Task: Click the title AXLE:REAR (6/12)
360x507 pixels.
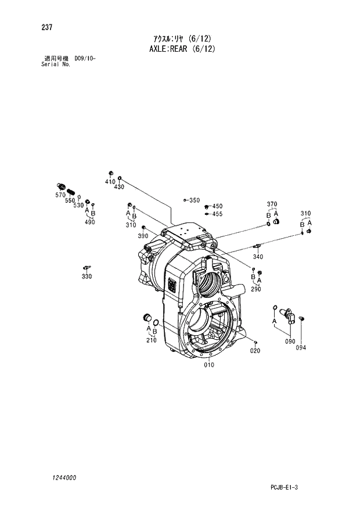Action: pos(182,49)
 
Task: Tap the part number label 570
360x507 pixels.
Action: pos(60,195)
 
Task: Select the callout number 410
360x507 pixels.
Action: pos(110,182)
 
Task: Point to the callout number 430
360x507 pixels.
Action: pos(119,186)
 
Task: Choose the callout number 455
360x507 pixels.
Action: pos(217,214)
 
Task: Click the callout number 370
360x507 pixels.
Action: pos(272,204)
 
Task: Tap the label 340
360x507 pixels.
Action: pos(258,257)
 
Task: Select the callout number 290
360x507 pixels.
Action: pos(256,289)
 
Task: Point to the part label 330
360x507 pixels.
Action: pos(87,276)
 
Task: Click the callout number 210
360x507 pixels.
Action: pos(151,340)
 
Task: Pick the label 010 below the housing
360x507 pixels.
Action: pos(208,365)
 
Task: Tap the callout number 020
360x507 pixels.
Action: pos(255,350)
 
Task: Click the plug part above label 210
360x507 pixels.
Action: pos(147,317)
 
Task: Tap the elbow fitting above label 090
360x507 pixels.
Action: pos(289,314)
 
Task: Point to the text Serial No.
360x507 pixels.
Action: pos(56,64)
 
